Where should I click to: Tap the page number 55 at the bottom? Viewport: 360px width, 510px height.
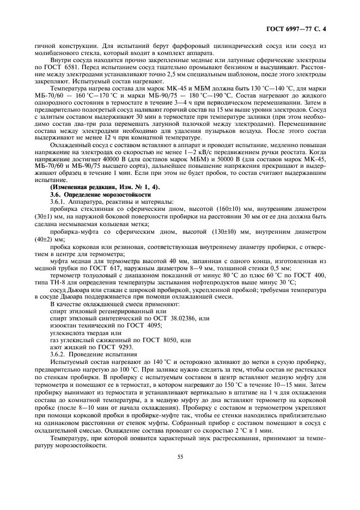(179, 457)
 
